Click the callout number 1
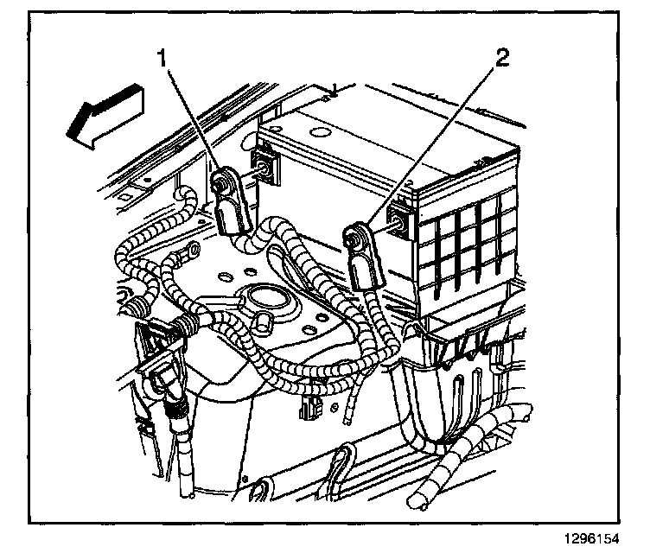click(x=162, y=59)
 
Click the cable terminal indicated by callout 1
click(x=232, y=202)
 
